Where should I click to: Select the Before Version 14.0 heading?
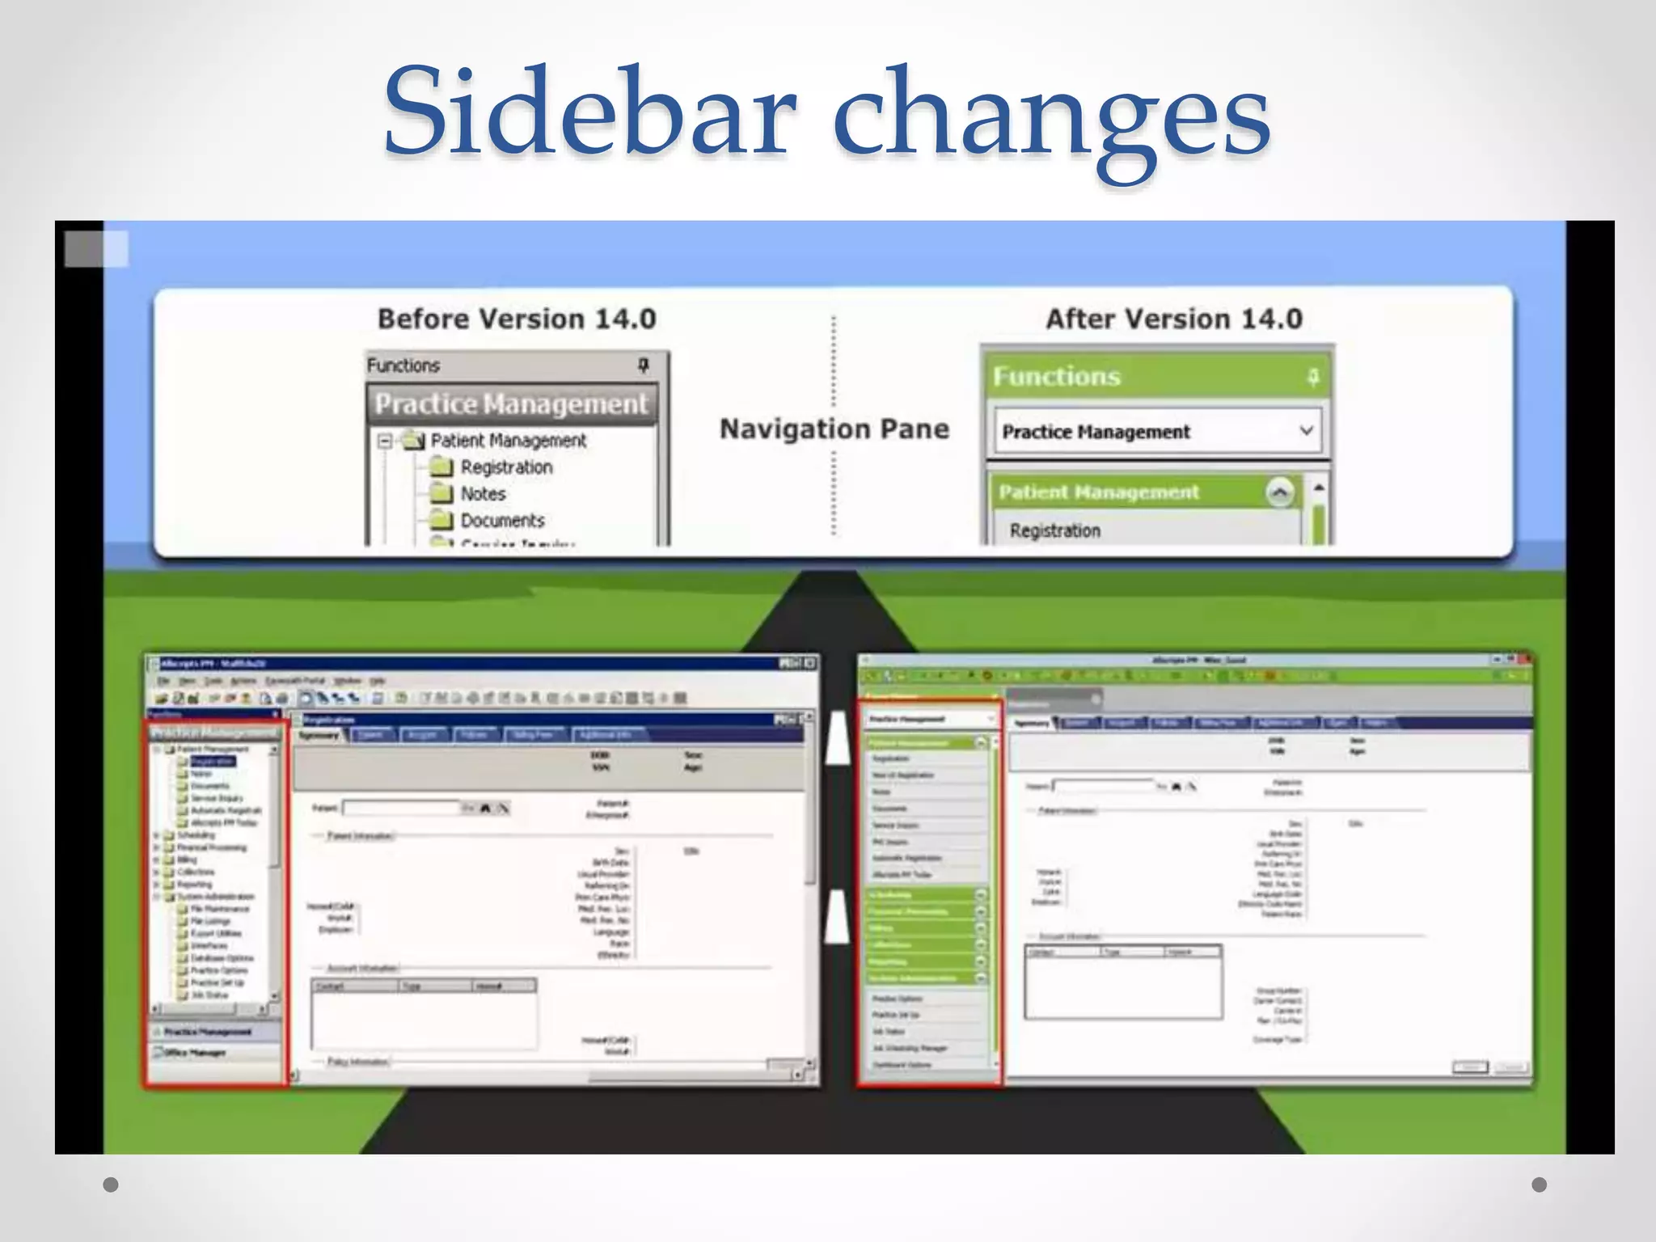pos(517,319)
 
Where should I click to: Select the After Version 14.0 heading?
pos(1174,319)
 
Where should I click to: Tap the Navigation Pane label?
pos(834,429)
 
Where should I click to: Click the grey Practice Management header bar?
pos(512,403)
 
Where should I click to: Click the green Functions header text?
pos(1057,376)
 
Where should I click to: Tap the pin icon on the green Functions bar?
pos(1313,376)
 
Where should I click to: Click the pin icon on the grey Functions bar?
pos(644,365)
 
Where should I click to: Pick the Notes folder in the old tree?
pos(482,493)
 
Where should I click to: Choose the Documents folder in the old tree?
pos(501,520)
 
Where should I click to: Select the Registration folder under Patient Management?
pos(505,467)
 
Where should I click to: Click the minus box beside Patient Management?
pos(385,441)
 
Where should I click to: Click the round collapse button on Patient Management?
pos(1279,492)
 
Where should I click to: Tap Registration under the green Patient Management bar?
pos(1055,530)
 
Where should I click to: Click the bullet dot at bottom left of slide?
pos(112,1185)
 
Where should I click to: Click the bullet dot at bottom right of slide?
pos(1540,1185)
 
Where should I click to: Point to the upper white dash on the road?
pos(838,737)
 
